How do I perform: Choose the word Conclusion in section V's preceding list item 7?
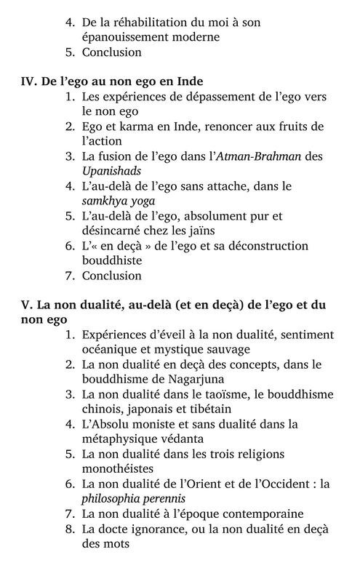pos(111,276)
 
